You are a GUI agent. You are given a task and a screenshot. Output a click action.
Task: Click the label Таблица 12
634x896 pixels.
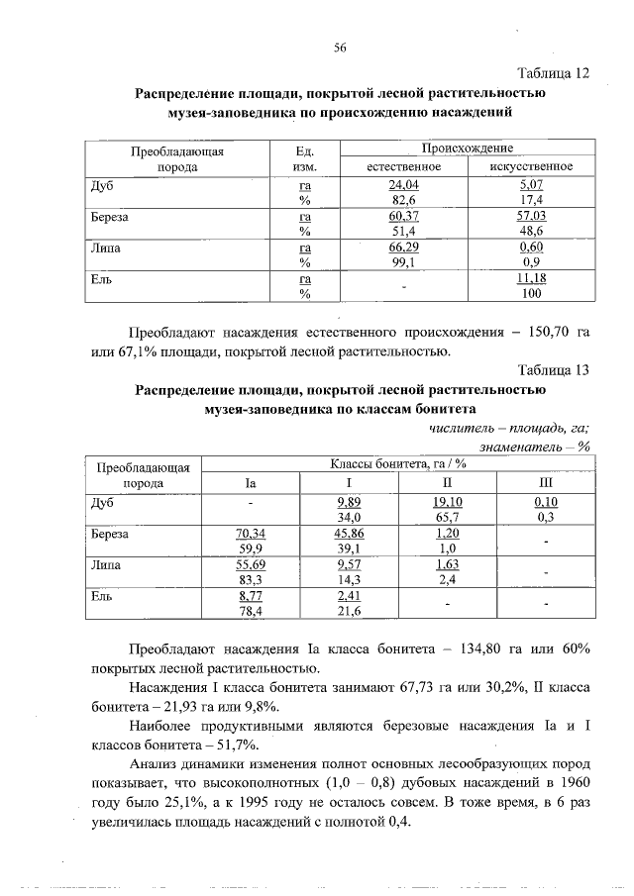[x=553, y=73]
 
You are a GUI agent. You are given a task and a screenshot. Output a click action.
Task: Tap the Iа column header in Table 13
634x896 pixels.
[x=251, y=483]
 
